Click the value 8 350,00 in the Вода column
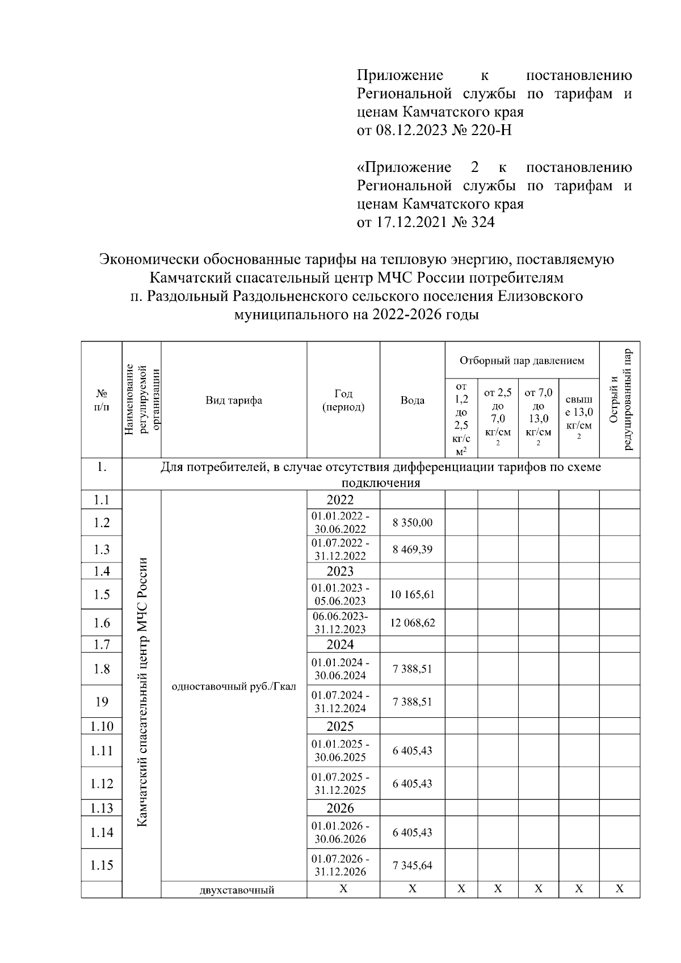[412, 522]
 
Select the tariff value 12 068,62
[412, 623]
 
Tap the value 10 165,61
[412, 594]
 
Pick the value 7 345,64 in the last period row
[412, 865]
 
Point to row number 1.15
[102, 865]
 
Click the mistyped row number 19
[102, 702]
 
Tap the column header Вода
[412, 400]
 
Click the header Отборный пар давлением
[522, 360]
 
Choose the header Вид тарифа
[234, 400]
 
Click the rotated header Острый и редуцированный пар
[619, 400]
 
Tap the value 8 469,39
[412, 549]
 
